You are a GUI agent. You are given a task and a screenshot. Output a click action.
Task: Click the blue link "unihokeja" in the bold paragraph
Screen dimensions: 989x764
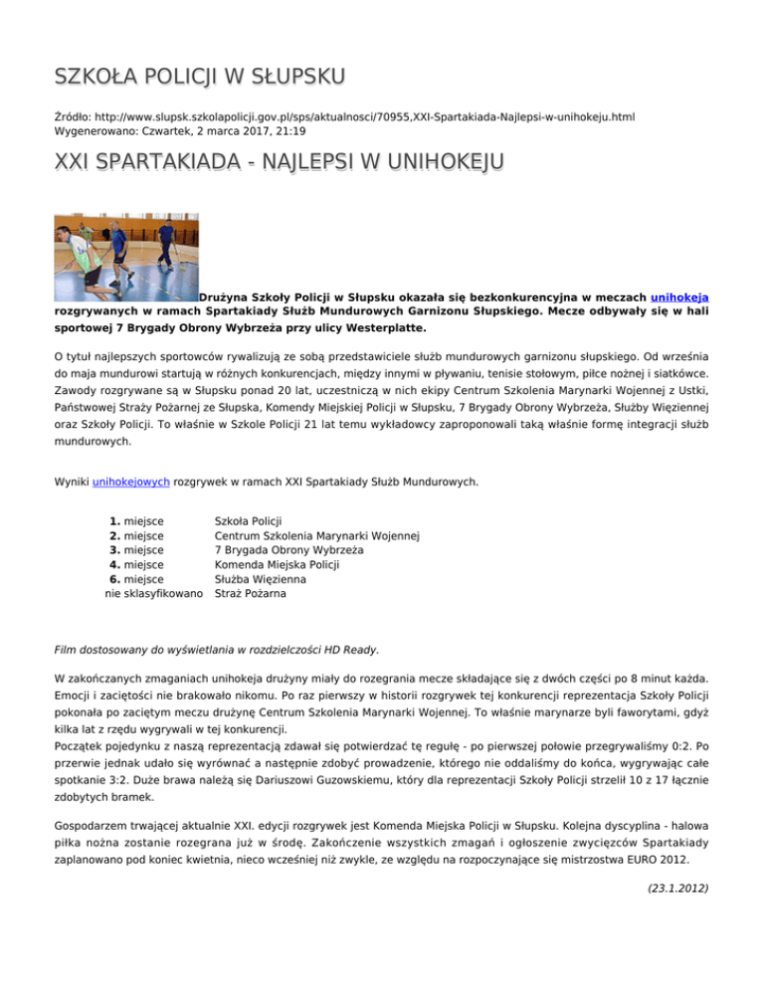(679, 296)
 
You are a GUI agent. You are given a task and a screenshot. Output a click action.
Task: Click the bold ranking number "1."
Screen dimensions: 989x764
(115, 520)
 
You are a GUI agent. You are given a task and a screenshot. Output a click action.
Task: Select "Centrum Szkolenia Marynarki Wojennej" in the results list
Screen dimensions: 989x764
(317, 535)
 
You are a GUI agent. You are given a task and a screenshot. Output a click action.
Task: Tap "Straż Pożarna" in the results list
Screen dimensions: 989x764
(252, 595)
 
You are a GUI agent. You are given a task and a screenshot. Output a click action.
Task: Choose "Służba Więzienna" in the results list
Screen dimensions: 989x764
(261, 580)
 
